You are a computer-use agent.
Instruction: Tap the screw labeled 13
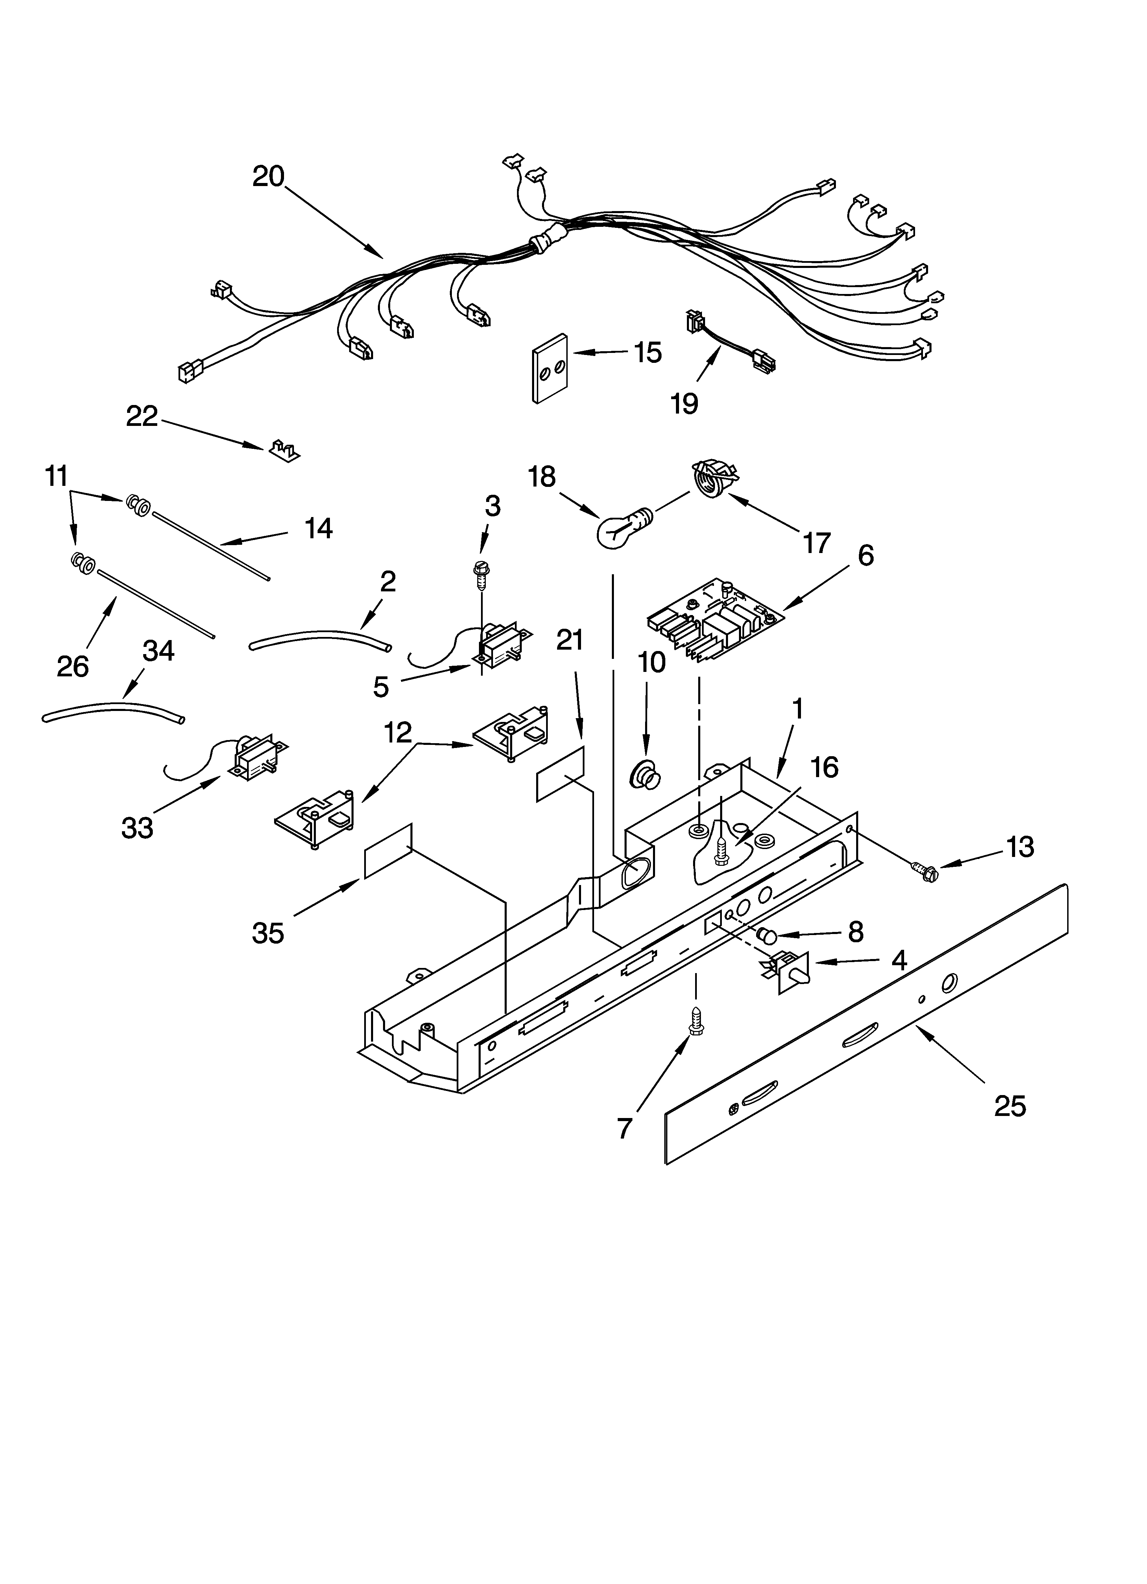tap(924, 870)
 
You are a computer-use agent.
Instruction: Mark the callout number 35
tap(268, 933)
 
